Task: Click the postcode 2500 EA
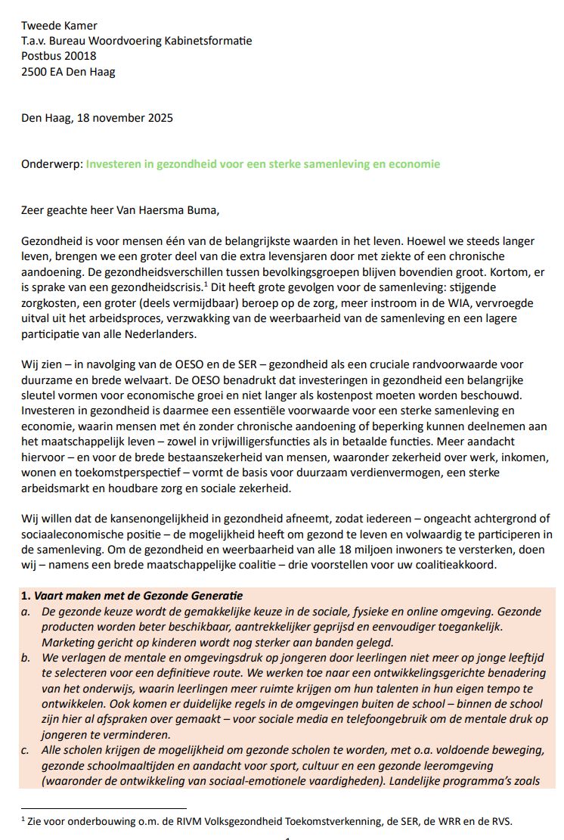tap(45, 71)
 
